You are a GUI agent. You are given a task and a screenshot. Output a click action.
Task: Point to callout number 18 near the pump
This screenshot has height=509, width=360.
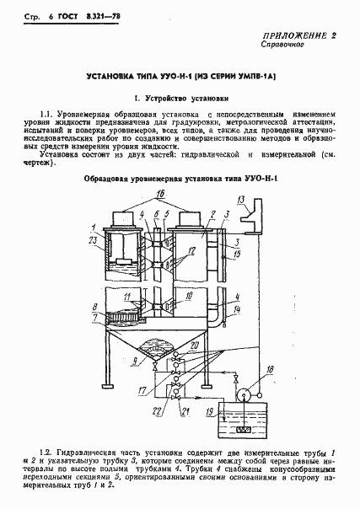[x=246, y=370]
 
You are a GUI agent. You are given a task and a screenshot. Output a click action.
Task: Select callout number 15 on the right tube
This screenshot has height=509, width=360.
[x=239, y=254]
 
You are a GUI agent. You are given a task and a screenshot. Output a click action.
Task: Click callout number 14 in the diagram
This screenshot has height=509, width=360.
[x=238, y=310]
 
